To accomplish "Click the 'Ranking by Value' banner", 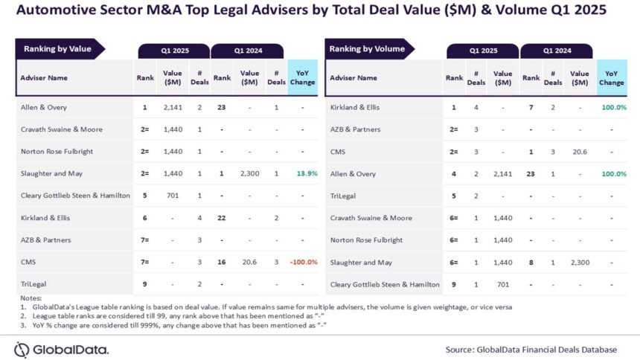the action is pyautogui.click(x=60, y=49).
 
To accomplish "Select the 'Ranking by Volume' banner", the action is pyautogui.click(x=369, y=49).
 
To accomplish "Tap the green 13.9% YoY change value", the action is pyautogui.click(x=307, y=173).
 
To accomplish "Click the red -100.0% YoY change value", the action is pyautogui.click(x=304, y=262).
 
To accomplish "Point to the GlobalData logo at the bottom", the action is pyautogui.click(x=61, y=350).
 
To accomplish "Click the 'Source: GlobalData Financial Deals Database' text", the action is pyautogui.click(x=531, y=350).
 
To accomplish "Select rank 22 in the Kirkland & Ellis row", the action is pyautogui.click(x=222, y=218).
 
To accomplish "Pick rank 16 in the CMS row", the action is pyautogui.click(x=222, y=262).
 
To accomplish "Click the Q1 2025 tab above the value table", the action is pyautogui.click(x=174, y=51).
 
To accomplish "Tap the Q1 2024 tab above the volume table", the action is pyautogui.click(x=557, y=51).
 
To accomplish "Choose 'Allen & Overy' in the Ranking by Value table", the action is pyautogui.click(x=44, y=107).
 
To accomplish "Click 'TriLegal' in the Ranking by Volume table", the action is pyautogui.click(x=343, y=196).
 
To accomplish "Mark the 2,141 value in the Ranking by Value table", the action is pyautogui.click(x=173, y=107).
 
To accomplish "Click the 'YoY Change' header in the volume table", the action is pyautogui.click(x=612, y=78).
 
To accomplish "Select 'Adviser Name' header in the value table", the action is pyautogui.click(x=44, y=77).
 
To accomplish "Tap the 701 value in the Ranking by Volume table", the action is pyautogui.click(x=502, y=284).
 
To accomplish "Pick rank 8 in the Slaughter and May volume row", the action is pyautogui.click(x=531, y=263).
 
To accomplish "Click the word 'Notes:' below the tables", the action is pyautogui.click(x=31, y=298).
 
